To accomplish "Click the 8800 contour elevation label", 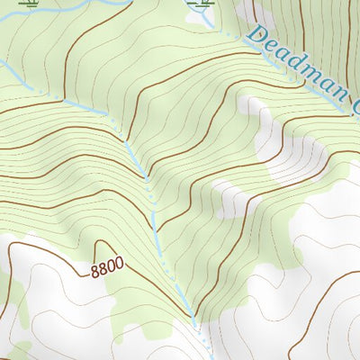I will (107, 268).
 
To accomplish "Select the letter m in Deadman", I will (310, 76).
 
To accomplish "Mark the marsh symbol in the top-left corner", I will (32, 4).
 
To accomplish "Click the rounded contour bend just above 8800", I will (102, 242).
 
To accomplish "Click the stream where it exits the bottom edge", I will (210, 357).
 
